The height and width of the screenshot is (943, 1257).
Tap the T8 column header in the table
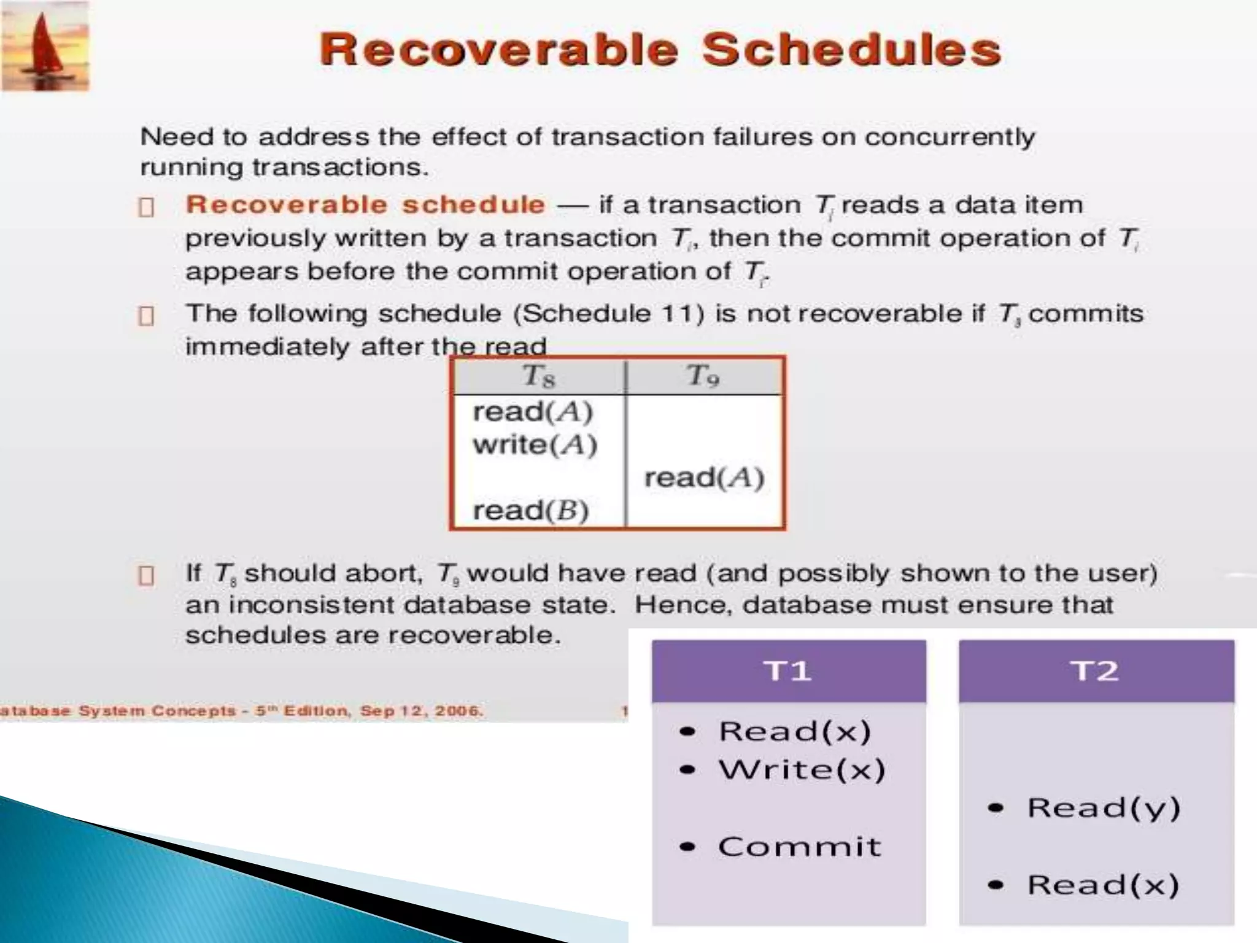[539, 376]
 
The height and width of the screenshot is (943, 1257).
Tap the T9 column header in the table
[703, 376]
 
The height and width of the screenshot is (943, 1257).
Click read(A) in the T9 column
[704, 478]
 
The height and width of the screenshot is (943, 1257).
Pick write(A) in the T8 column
[535, 444]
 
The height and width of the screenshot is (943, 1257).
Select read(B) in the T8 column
[531, 510]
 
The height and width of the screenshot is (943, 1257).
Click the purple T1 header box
[789, 671]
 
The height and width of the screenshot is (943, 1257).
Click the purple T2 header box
[1096, 671]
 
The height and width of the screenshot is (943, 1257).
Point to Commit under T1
[799, 847]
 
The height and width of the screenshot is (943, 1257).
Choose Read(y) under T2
[1103, 808]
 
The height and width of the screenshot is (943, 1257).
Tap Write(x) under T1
[802, 770]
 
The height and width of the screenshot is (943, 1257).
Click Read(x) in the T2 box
[1103, 885]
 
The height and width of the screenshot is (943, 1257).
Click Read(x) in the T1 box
[794, 731]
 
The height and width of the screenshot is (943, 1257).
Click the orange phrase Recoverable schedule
[365, 205]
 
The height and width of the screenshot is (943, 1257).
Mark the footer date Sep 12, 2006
[422, 711]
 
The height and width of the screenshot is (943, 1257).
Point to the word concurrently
[950, 137]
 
